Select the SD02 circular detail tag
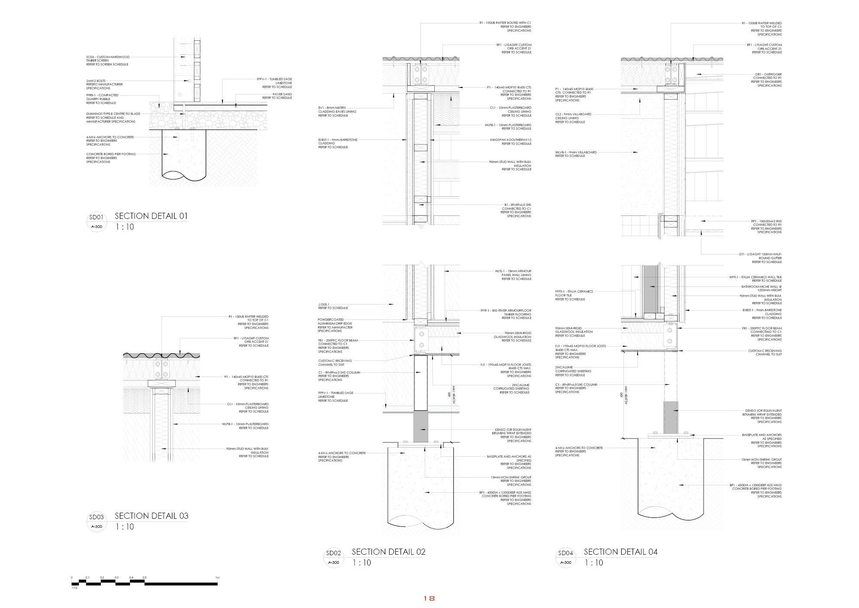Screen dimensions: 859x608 [x=333, y=558]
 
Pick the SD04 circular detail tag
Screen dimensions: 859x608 [x=565, y=558]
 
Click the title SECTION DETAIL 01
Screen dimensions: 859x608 [x=151, y=216]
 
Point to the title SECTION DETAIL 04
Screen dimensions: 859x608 [x=620, y=552]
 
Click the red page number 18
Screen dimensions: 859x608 [x=429, y=598]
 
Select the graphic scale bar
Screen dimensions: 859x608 [x=145, y=583]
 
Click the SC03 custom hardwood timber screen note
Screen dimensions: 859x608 [x=108, y=61]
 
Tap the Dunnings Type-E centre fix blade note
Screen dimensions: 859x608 [x=113, y=117]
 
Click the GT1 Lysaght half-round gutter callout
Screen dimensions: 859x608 [x=761, y=258]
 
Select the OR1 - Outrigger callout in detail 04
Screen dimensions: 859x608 [x=768, y=80]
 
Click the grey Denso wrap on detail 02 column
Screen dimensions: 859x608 [x=420, y=426]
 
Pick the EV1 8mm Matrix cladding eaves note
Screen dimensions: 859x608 [x=337, y=112]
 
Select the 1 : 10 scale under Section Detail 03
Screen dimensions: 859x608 [x=125, y=527]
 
